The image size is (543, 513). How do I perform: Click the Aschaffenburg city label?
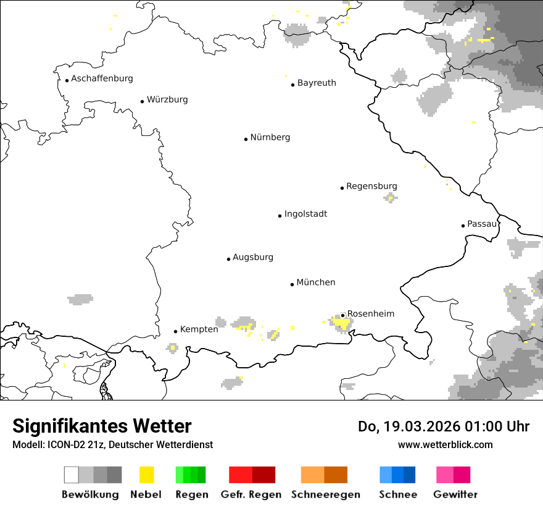coord(102,78)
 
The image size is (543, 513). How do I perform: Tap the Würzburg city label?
coord(167,100)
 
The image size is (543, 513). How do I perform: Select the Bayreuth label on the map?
coord(317,83)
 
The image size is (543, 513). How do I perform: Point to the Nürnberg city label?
coord(270,137)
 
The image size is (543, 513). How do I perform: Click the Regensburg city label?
coord(371,186)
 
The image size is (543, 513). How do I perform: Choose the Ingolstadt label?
coord(305,214)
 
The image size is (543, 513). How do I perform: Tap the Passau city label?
coord(482,224)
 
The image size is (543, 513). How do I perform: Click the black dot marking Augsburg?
coord(228,259)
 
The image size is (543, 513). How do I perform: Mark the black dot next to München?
coord(292,284)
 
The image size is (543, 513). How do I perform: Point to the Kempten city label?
coord(199,329)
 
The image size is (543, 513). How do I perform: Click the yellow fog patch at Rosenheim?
coord(340,322)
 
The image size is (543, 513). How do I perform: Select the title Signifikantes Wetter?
coord(102,426)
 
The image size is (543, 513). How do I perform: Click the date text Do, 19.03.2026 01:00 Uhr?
coord(443,426)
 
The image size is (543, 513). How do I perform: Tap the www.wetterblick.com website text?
coord(445,444)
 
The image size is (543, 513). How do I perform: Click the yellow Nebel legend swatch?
coord(146,475)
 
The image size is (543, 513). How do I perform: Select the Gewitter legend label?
coord(455,494)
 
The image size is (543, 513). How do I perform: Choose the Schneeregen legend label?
coord(325,494)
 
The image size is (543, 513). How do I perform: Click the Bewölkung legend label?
coord(90,494)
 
